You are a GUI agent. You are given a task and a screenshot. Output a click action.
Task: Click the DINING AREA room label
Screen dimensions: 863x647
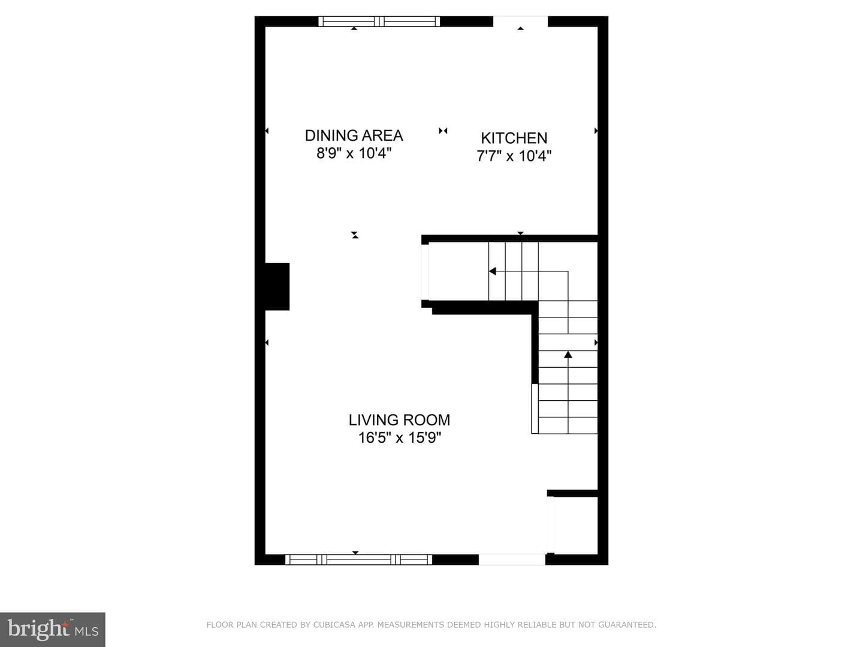[x=354, y=135]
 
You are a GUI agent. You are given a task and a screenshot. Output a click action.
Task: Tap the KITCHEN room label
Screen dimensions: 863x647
[x=514, y=138]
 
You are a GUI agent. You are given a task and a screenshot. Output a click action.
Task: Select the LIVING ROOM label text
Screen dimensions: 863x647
[x=399, y=420]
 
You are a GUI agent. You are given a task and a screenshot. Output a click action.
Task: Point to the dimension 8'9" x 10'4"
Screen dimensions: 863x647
[x=354, y=153]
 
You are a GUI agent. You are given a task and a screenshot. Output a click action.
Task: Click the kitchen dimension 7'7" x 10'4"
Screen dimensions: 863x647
[x=514, y=156]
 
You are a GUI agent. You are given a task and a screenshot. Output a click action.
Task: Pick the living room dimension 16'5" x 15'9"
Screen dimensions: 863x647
[x=400, y=437]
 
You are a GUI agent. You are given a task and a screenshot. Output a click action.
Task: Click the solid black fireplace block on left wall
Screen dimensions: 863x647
[x=277, y=287]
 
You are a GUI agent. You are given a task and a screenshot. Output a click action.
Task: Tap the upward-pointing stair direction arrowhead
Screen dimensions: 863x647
[x=568, y=354]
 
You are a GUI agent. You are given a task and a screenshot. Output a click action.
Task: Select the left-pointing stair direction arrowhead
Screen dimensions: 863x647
[x=492, y=271]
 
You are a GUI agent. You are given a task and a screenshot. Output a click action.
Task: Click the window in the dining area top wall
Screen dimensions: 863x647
[x=379, y=21]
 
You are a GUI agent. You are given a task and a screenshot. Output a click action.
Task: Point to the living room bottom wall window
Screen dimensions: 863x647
[x=358, y=560]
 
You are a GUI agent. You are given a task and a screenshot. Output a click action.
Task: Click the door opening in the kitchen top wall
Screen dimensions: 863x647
[x=521, y=21]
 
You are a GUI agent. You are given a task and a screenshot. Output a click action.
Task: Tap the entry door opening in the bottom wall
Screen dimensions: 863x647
[x=512, y=560]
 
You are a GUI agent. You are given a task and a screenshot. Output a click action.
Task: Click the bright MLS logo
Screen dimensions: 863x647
[x=53, y=630]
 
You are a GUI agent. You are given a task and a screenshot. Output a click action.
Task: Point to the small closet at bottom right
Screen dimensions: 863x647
[x=576, y=525]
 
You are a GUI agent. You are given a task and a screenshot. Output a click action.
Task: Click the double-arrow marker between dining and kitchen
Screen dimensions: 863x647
[x=443, y=131]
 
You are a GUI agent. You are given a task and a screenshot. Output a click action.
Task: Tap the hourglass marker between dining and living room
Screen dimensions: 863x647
[x=355, y=235]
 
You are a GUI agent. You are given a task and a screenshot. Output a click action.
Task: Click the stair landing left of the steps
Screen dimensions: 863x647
[x=458, y=271]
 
